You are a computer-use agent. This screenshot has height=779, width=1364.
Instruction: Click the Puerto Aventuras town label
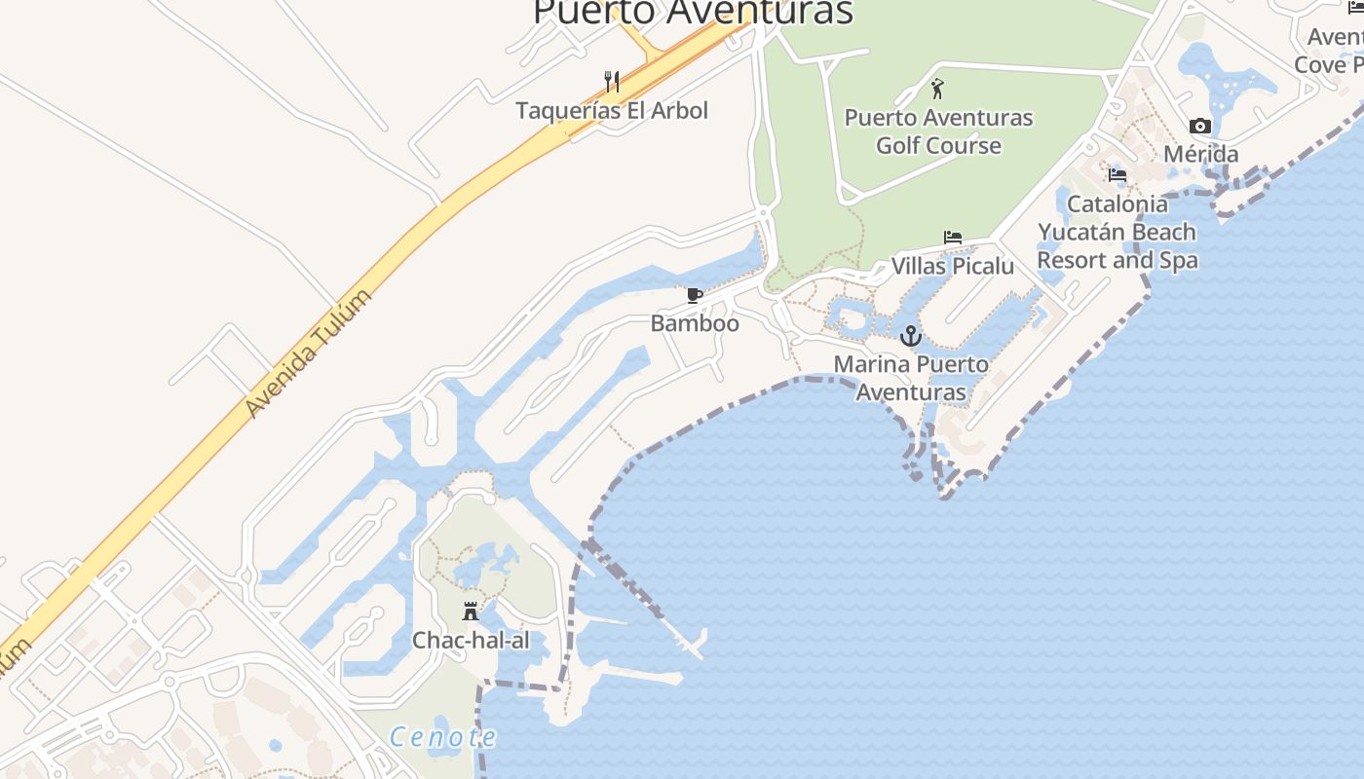click(693, 12)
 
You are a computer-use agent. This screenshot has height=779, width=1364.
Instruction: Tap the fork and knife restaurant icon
click(612, 81)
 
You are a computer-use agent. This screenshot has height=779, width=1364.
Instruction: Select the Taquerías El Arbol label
click(612, 110)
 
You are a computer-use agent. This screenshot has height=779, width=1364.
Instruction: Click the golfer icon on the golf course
click(937, 89)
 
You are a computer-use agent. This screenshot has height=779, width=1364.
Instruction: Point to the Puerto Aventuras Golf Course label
click(938, 131)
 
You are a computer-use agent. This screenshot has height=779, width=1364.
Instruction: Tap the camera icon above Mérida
click(1200, 126)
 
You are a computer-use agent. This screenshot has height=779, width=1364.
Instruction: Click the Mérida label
click(1201, 154)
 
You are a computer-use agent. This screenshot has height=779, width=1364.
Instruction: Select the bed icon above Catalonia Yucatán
click(1118, 175)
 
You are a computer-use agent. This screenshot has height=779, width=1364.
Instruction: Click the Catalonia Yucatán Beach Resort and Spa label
click(1118, 232)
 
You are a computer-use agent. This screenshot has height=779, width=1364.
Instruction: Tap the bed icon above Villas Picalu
click(953, 238)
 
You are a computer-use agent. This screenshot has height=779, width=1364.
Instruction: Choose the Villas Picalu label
click(953, 266)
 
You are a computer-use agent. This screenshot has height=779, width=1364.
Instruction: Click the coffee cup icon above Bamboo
click(695, 295)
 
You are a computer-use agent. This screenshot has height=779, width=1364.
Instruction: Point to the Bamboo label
click(695, 323)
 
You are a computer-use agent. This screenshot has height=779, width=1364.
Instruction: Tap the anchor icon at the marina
click(911, 336)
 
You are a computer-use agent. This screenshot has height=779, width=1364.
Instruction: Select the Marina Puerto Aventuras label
click(911, 378)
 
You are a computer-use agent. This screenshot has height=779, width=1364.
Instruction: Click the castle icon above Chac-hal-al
click(471, 612)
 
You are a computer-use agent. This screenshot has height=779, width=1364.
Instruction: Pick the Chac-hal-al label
click(471, 640)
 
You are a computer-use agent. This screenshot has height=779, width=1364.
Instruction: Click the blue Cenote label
click(443, 737)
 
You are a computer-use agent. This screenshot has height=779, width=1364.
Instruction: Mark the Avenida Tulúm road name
click(309, 354)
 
